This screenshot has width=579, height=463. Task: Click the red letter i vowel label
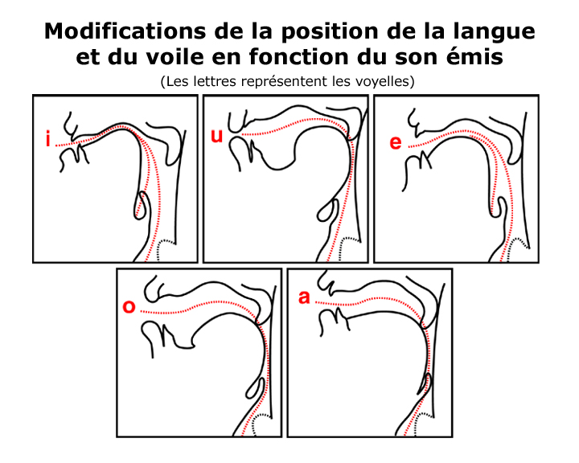[x=47, y=139]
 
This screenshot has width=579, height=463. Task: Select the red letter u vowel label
[x=217, y=136]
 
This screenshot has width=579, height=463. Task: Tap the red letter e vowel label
[x=396, y=142]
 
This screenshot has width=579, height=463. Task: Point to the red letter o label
[x=129, y=307]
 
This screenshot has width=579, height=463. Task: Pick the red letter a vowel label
[x=304, y=297]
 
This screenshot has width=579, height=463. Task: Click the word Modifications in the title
[x=125, y=31]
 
